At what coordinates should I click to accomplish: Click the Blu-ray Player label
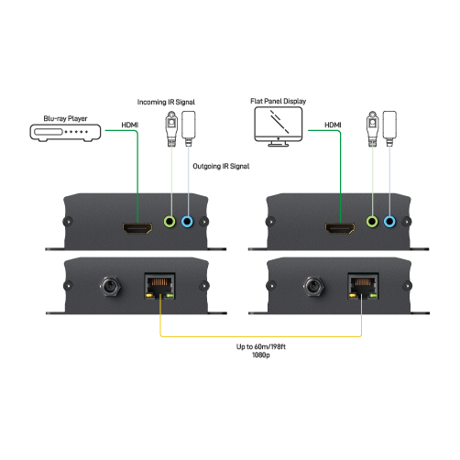click(x=65, y=118)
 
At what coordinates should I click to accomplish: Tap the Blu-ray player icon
click(x=65, y=133)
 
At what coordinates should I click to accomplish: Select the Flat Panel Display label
click(x=279, y=101)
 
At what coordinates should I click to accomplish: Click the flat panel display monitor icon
click(x=279, y=126)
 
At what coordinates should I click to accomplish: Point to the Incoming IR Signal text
click(x=166, y=102)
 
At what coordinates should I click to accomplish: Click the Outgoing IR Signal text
click(x=221, y=166)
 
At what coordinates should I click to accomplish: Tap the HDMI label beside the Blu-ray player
click(x=130, y=125)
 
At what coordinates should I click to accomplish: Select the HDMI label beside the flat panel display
click(x=333, y=125)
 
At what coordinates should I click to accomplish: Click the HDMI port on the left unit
click(x=137, y=228)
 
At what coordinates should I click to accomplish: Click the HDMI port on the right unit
click(x=340, y=228)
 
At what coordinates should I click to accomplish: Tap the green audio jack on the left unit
click(x=170, y=222)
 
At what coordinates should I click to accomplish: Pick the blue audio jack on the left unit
click(x=187, y=222)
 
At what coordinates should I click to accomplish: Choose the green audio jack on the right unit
click(x=372, y=222)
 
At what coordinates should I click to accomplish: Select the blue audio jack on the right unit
click(x=389, y=222)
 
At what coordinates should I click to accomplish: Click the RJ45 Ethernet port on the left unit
click(x=159, y=286)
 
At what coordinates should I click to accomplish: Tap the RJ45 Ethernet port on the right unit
click(x=363, y=286)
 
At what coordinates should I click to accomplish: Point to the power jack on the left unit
click(x=110, y=286)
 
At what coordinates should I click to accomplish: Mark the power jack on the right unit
click(x=313, y=286)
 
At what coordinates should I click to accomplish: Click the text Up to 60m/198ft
click(x=261, y=346)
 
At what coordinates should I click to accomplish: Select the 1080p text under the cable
click(x=261, y=355)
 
